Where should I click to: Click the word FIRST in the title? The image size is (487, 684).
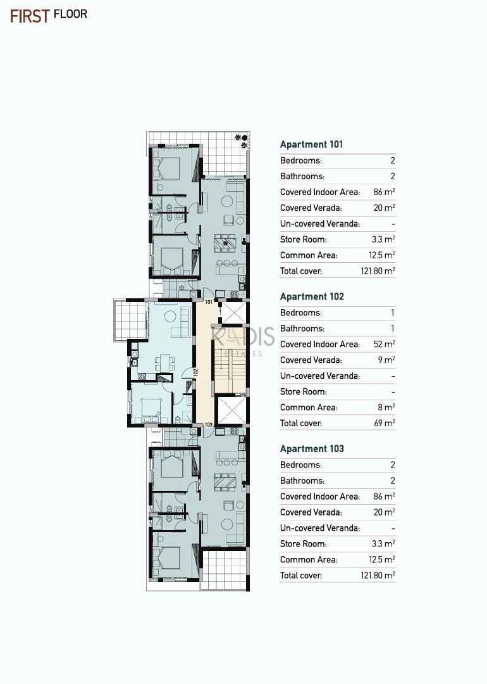point(30,16)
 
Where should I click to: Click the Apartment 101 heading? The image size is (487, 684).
point(311,144)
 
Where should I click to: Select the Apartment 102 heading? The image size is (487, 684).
point(312,296)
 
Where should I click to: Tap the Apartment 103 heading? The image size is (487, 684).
point(312,449)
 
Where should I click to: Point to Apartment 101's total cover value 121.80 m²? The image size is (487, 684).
point(378,271)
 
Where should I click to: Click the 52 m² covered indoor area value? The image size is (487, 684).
point(384,344)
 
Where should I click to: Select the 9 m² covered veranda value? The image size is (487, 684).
point(386,360)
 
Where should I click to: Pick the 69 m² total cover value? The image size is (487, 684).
point(384,423)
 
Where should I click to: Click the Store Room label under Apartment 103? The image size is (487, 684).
point(303,544)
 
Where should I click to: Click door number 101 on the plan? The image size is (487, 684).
point(209,302)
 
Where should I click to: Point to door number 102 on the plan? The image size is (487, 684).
point(196,372)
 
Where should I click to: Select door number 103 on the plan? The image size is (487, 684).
point(209,424)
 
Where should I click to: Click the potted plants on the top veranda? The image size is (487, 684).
point(242,141)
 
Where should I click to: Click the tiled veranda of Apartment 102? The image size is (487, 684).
point(130,319)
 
